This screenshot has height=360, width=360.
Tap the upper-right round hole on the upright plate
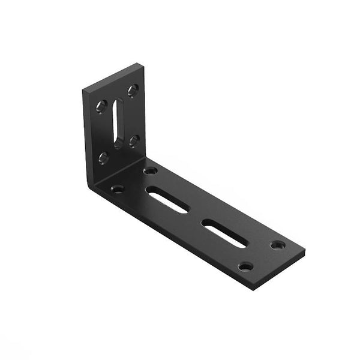click(x=133, y=90)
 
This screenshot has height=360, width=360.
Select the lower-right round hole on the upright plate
click(x=134, y=141)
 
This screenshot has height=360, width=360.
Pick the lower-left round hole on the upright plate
click(x=103, y=158)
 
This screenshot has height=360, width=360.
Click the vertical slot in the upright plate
click(x=118, y=123)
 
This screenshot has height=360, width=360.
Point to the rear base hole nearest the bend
click(x=151, y=170)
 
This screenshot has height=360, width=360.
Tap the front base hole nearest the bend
click(x=117, y=189)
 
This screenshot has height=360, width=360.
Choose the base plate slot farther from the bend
click(x=224, y=233)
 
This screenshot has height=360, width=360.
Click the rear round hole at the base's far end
click(x=277, y=245)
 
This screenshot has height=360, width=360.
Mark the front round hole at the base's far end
click(x=245, y=266)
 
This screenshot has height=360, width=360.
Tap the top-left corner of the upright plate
click(x=83, y=89)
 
